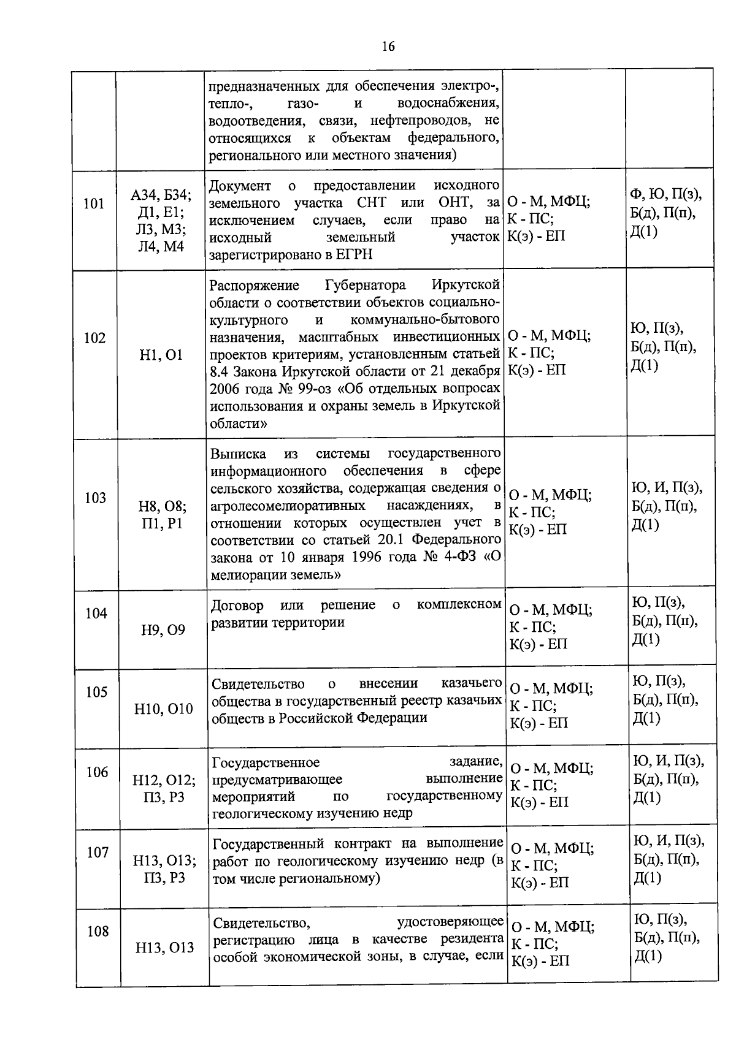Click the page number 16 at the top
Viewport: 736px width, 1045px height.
click(388, 47)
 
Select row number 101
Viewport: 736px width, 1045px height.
click(94, 203)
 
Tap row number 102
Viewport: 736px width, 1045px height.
click(94, 338)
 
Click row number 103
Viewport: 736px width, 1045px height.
click(95, 498)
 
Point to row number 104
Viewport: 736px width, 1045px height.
click(96, 613)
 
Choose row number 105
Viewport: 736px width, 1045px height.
click(96, 692)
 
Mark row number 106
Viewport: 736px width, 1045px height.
click(97, 772)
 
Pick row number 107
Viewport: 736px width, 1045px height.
click(98, 852)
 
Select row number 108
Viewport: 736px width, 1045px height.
click(98, 931)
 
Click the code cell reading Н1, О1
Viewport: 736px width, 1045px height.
click(161, 355)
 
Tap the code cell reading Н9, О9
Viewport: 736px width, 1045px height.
click(163, 630)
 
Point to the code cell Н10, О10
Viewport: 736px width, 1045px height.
click(164, 709)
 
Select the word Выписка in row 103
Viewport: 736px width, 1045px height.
click(239, 454)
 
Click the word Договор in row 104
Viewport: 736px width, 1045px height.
click(237, 606)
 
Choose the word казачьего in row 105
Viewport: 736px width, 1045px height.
click(472, 684)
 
